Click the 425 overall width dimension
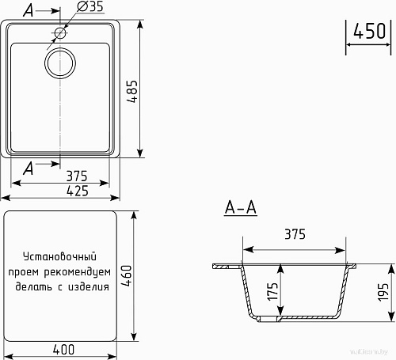pyautogui.click(x=65, y=191)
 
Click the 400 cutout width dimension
pyautogui.click(x=64, y=348)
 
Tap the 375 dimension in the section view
pyautogui.click(x=294, y=235)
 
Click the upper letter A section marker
pyautogui.click(x=29, y=11)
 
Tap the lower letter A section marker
pyautogui.click(x=29, y=166)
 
